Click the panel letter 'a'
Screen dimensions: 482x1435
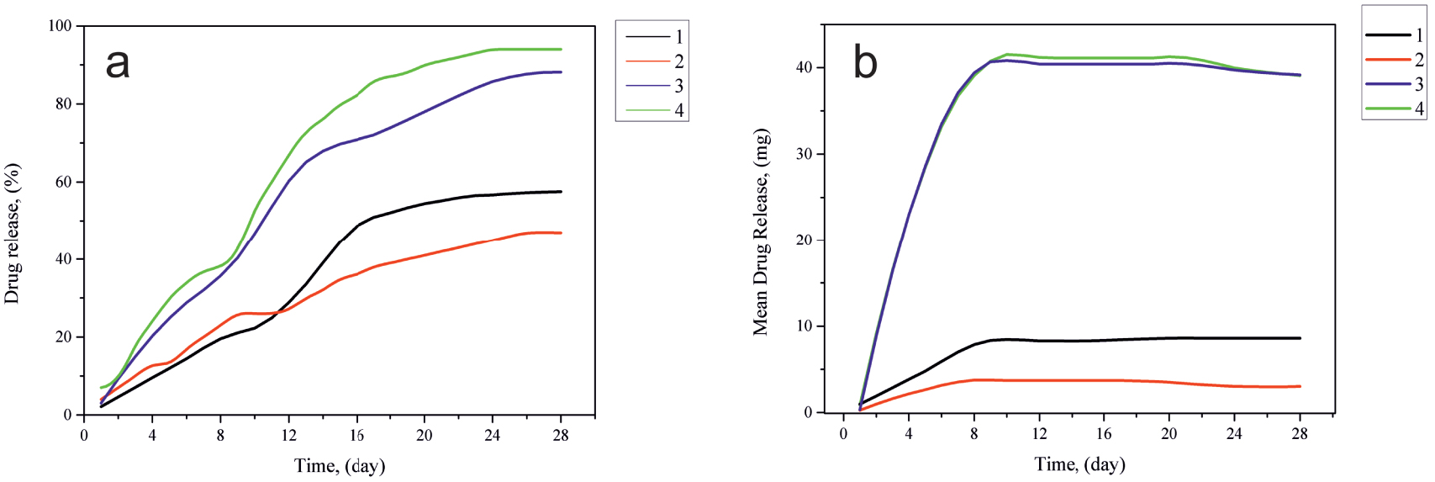(x=118, y=63)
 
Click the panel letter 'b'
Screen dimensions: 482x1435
(x=865, y=62)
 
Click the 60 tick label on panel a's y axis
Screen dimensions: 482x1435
(x=64, y=182)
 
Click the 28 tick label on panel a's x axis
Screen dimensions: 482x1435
(x=561, y=435)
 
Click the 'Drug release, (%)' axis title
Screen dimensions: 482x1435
(x=12, y=233)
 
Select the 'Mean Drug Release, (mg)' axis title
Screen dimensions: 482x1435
(x=760, y=233)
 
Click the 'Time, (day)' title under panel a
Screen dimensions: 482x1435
(x=339, y=465)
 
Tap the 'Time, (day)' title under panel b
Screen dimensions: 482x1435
(x=1079, y=463)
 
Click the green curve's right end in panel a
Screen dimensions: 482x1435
(x=561, y=49)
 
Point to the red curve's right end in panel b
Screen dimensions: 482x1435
(x=1300, y=386)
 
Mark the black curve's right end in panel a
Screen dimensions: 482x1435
(x=561, y=192)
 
